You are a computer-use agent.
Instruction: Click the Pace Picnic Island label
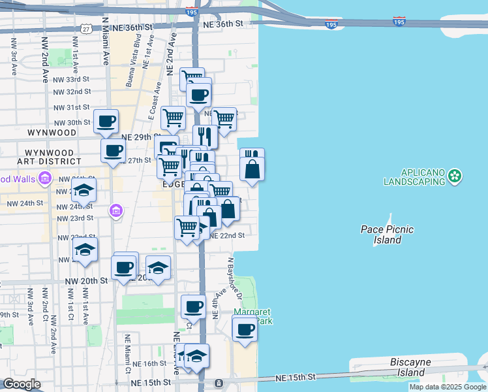tap(388, 235)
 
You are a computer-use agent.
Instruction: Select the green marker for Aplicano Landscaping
tap(455, 175)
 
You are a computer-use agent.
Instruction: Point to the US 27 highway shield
tap(87, 29)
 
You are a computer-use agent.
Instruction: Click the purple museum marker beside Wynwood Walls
tap(45, 178)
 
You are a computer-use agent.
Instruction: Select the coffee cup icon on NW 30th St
tap(106, 121)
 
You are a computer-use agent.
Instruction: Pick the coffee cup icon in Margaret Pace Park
tap(245, 329)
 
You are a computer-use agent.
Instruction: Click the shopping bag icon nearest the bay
tap(252, 169)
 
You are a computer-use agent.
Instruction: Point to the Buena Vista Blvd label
tap(133, 68)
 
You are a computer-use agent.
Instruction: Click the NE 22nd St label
tap(226, 235)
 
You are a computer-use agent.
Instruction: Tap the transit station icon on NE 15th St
tap(219, 382)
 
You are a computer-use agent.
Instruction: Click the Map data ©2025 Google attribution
tap(448, 387)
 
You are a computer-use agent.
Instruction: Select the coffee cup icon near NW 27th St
tap(113, 150)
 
